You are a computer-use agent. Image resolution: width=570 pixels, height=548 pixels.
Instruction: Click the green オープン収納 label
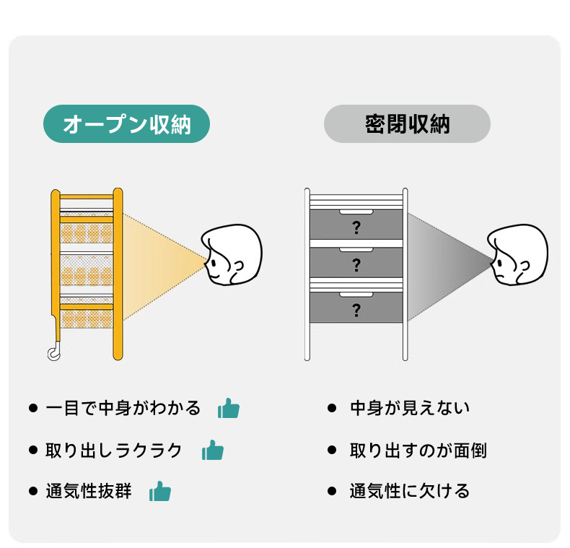[x=126, y=123]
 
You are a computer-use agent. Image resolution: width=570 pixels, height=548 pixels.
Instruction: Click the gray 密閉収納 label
[x=407, y=123]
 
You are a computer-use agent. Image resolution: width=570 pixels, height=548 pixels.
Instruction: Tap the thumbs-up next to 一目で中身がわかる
[x=229, y=408]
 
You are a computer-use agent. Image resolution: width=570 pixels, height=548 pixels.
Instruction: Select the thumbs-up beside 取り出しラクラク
[x=213, y=450]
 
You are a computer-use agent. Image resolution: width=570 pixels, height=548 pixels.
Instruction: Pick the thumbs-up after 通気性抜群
[x=160, y=491]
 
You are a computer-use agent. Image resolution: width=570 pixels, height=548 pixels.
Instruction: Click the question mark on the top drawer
[x=356, y=227]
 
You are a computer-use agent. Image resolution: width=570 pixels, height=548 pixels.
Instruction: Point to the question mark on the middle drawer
[x=356, y=265]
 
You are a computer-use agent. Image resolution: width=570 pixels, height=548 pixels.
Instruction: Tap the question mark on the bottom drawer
[x=356, y=310]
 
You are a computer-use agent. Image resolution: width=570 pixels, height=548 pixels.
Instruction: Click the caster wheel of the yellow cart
[x=54, y=352]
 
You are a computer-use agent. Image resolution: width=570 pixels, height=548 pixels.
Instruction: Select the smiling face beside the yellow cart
[x=232, y=254]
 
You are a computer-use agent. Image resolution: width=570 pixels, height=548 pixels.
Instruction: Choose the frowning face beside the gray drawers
[x=517, y=254]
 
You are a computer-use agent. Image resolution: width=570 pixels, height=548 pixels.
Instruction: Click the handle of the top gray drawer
[x=356, y=212]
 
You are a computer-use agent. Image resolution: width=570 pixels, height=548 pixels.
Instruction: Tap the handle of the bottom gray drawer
[x=356, y=295]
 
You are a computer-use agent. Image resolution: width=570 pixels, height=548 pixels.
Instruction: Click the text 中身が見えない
[x=410, y=408]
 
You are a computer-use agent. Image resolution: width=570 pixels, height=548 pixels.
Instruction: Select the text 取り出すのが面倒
[x=418, y=450]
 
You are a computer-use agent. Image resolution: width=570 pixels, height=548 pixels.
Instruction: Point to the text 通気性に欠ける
[x=410, y=491]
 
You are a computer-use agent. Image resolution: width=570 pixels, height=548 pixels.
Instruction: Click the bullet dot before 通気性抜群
[x=33, y=491]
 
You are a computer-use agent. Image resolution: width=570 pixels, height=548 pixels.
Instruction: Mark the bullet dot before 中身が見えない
[x=331, y=408]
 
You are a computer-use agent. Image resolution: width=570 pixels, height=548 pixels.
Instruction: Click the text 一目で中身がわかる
[x=123, y=408]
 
